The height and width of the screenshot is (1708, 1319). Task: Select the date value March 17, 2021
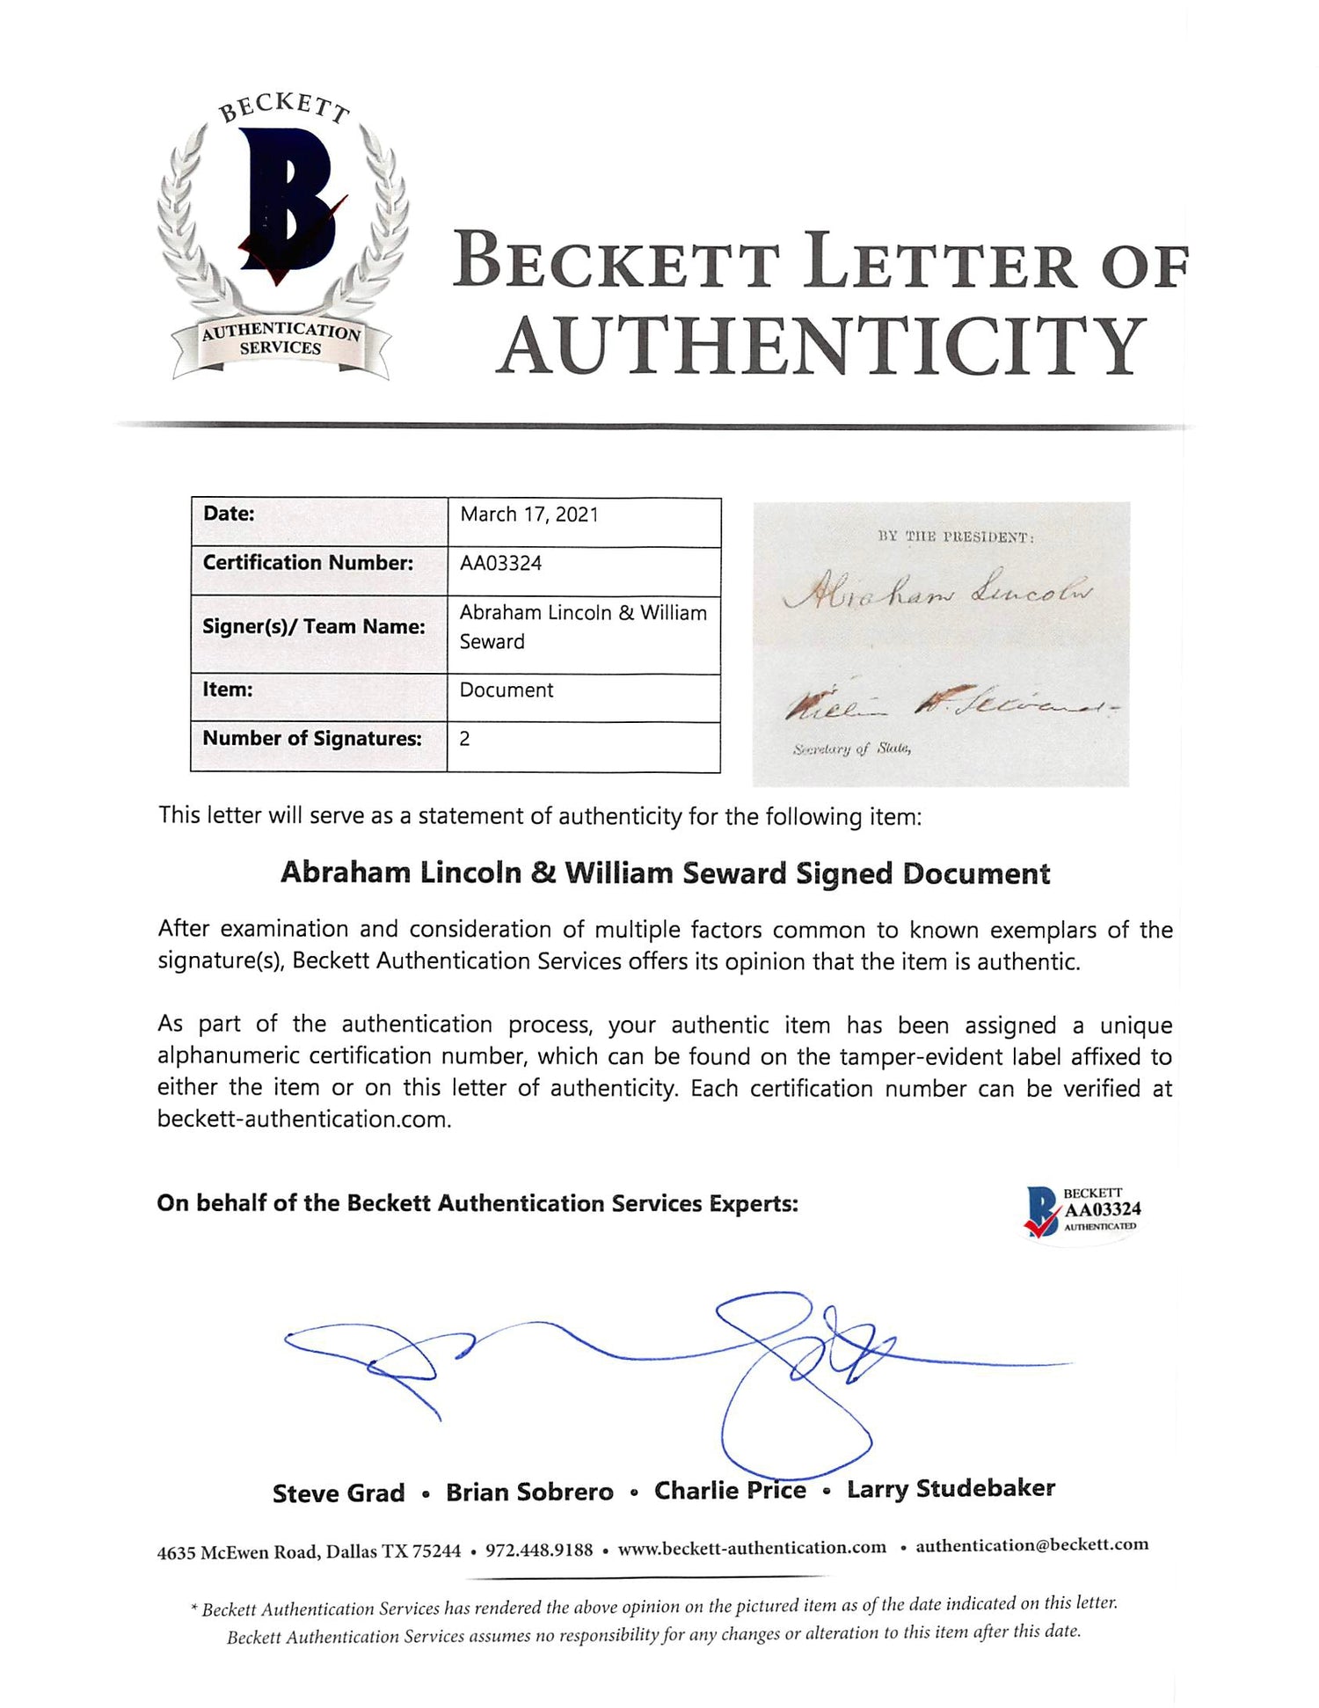tap(529, 515)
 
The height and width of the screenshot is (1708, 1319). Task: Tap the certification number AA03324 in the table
tap(500, 564)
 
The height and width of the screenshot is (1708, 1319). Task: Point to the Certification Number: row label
tap(308, 563)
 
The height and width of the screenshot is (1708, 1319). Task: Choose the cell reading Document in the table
tap(506, 690)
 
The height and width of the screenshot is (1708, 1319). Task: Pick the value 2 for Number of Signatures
tap(464, 739)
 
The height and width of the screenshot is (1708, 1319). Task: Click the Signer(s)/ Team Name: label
tap(314, 626)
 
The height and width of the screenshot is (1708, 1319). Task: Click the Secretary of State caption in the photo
tap(851, 749)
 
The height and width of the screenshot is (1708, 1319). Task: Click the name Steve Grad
tap(339, 1493)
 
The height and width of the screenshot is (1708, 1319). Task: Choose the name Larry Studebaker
tap(951, 1489)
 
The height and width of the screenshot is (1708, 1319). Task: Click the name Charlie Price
tap(730, 1491)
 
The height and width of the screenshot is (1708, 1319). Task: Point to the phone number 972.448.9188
tap(539, 1550)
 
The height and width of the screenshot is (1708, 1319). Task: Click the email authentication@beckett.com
tap(1031, 1545)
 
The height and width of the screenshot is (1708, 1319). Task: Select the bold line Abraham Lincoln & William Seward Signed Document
tap(665, 873)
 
